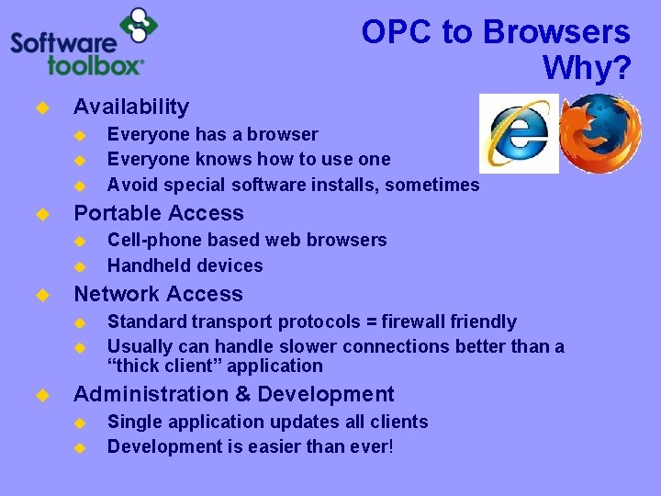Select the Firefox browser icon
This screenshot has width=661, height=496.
click(x=600, y=134)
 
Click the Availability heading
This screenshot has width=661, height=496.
click(x=131, y=107)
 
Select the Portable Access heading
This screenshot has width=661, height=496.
click(x=159, y=213)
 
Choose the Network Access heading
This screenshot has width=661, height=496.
click(x=158, y=294)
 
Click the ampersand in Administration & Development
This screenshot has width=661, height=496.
click(x=244, y=394)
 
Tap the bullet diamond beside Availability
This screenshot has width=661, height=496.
click(x=40, y=107)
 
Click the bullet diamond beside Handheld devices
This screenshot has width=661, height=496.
click(x=79, y=266)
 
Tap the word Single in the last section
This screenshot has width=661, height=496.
click(x=133, y=422)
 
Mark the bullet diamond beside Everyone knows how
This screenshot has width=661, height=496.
click(x=79, y=160)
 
